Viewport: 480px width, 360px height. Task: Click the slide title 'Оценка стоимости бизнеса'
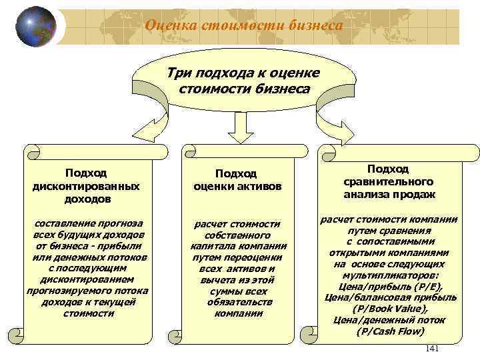pos(244,25)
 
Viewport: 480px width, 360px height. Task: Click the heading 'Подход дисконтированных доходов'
pos(86,185)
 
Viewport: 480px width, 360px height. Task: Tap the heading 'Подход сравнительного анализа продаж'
pos(389,181)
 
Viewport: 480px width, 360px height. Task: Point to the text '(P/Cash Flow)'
pos(389,331)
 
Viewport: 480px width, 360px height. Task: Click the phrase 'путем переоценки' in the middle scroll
pos(239,257)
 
